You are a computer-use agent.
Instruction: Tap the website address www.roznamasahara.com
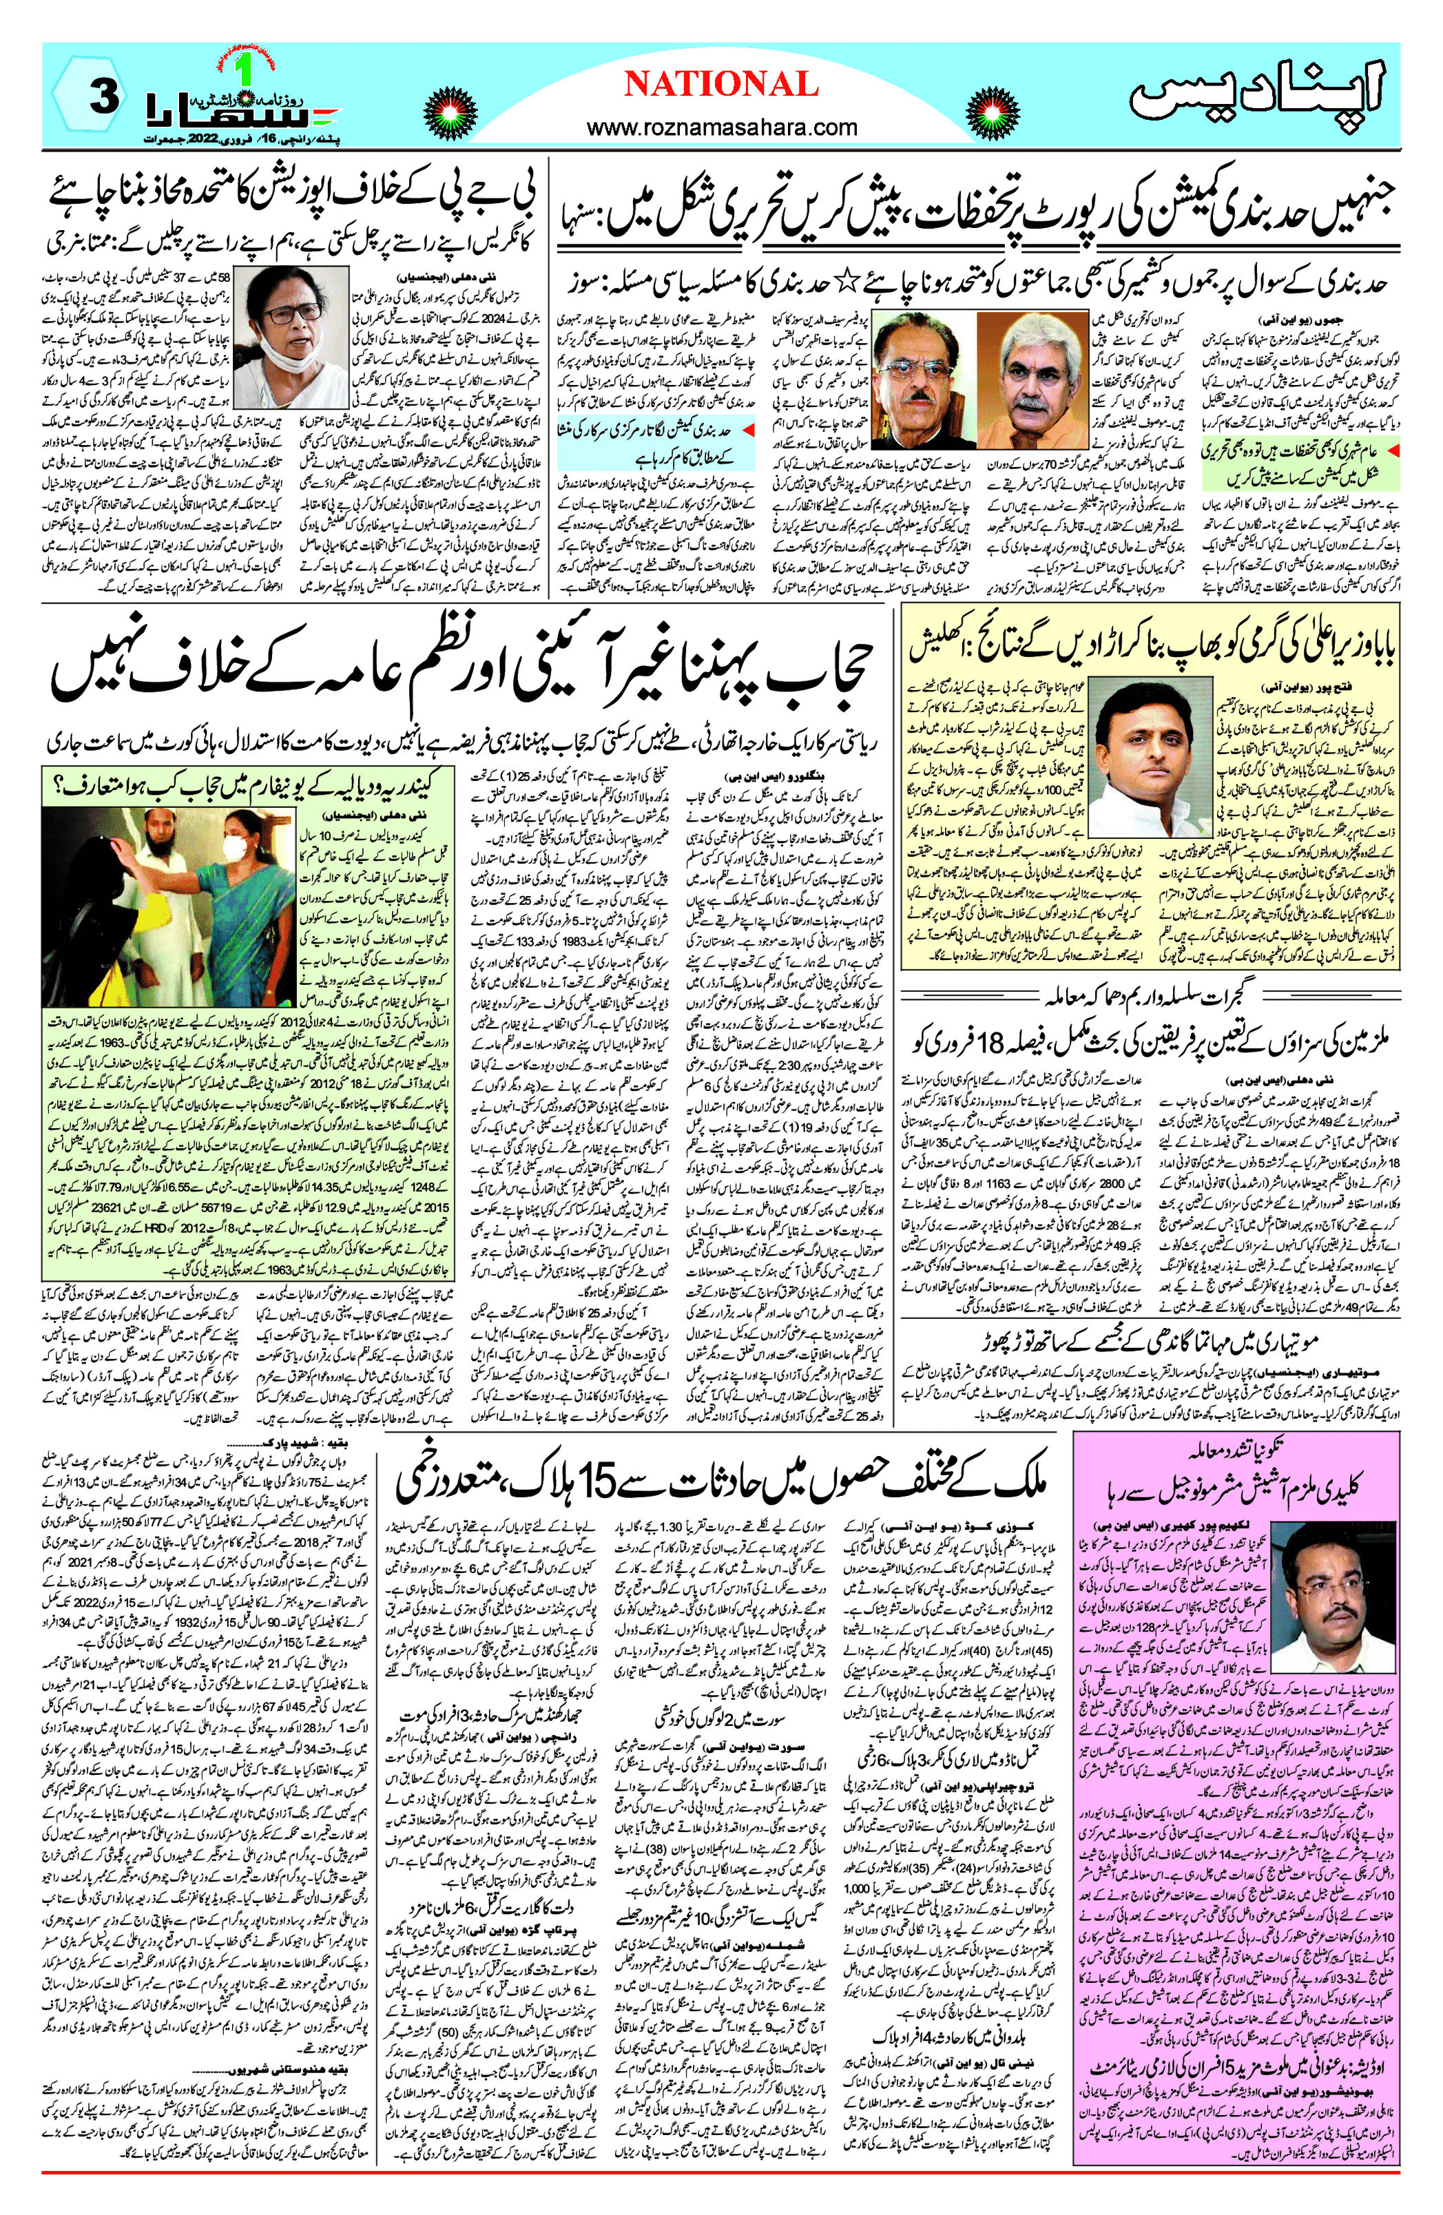[x=722, y=127]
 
